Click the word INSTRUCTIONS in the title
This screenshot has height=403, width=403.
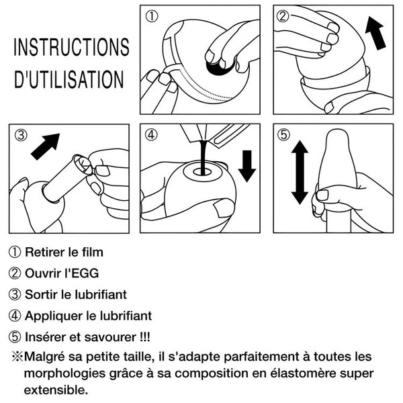71,47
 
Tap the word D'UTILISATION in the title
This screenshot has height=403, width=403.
69,79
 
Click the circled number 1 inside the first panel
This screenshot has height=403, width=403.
152,16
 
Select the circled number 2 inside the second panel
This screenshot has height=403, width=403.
283,16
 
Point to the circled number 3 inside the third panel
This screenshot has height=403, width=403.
21,135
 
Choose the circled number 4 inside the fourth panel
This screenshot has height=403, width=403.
151,134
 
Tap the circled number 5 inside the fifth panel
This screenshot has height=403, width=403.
283,134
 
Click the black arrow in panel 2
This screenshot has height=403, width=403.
375,33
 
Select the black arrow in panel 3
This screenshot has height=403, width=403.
46,146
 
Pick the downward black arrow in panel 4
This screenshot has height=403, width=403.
247,166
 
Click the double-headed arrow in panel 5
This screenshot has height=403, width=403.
300,172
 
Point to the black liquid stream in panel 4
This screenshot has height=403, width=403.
203,157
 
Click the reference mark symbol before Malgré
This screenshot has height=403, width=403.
17,357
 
